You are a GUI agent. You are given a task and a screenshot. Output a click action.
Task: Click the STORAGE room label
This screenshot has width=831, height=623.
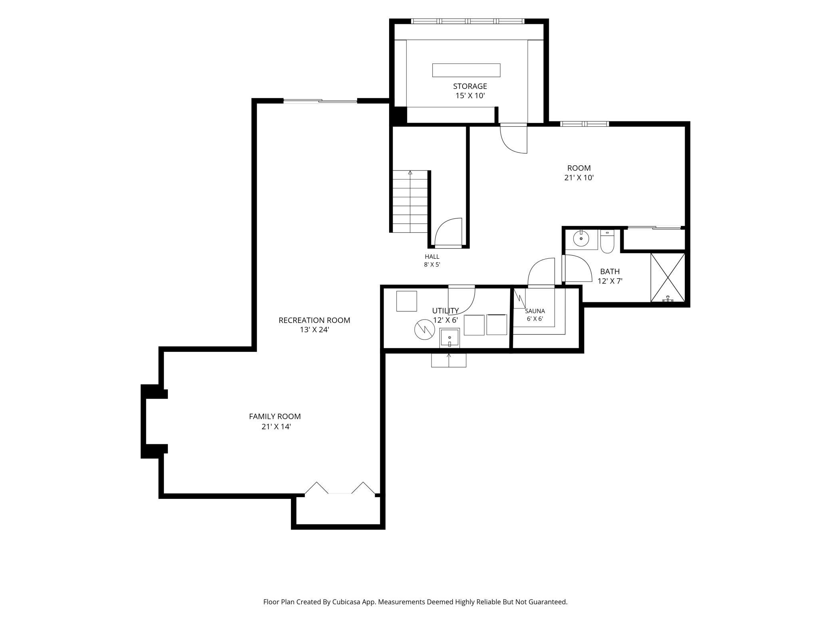tap(470, 86)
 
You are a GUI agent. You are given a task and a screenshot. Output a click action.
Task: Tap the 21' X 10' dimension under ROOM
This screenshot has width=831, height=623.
tap(579, 178)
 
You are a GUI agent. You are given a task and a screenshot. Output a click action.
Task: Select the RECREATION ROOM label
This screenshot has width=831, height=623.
tap(314, 320)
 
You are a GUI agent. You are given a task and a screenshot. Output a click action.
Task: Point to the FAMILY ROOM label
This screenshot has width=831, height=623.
tap(275, 417)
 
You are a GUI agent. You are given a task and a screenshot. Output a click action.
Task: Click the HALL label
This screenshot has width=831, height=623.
tap(432, 257)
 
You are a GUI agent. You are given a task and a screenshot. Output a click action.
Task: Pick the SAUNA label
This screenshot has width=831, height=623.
tap(535, 311)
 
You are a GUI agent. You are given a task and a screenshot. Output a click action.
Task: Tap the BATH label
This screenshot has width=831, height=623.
tap(610, 272)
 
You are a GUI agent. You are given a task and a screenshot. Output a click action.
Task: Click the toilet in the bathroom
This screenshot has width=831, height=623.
tap(607, 242)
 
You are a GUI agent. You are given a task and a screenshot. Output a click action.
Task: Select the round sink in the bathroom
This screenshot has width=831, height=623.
tap(581, 239)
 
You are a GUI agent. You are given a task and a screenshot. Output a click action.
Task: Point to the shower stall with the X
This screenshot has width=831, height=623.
tap(668, 278)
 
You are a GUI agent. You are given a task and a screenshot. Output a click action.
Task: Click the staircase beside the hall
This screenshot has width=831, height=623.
tap(410, 201)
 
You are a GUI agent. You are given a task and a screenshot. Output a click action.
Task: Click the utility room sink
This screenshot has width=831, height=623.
tap(450, 338)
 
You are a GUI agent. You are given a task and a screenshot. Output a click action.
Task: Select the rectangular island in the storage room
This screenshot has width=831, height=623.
tap(466, 70)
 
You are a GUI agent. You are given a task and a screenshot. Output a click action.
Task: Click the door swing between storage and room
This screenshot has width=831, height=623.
tap(514, 138)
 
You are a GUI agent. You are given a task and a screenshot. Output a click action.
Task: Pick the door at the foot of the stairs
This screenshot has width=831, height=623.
tap(448, 233)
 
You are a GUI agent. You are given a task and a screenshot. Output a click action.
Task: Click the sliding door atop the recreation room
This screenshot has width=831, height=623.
tap(320, 101)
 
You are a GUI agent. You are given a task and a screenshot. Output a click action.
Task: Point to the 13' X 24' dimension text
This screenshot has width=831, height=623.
tap(314, 330)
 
